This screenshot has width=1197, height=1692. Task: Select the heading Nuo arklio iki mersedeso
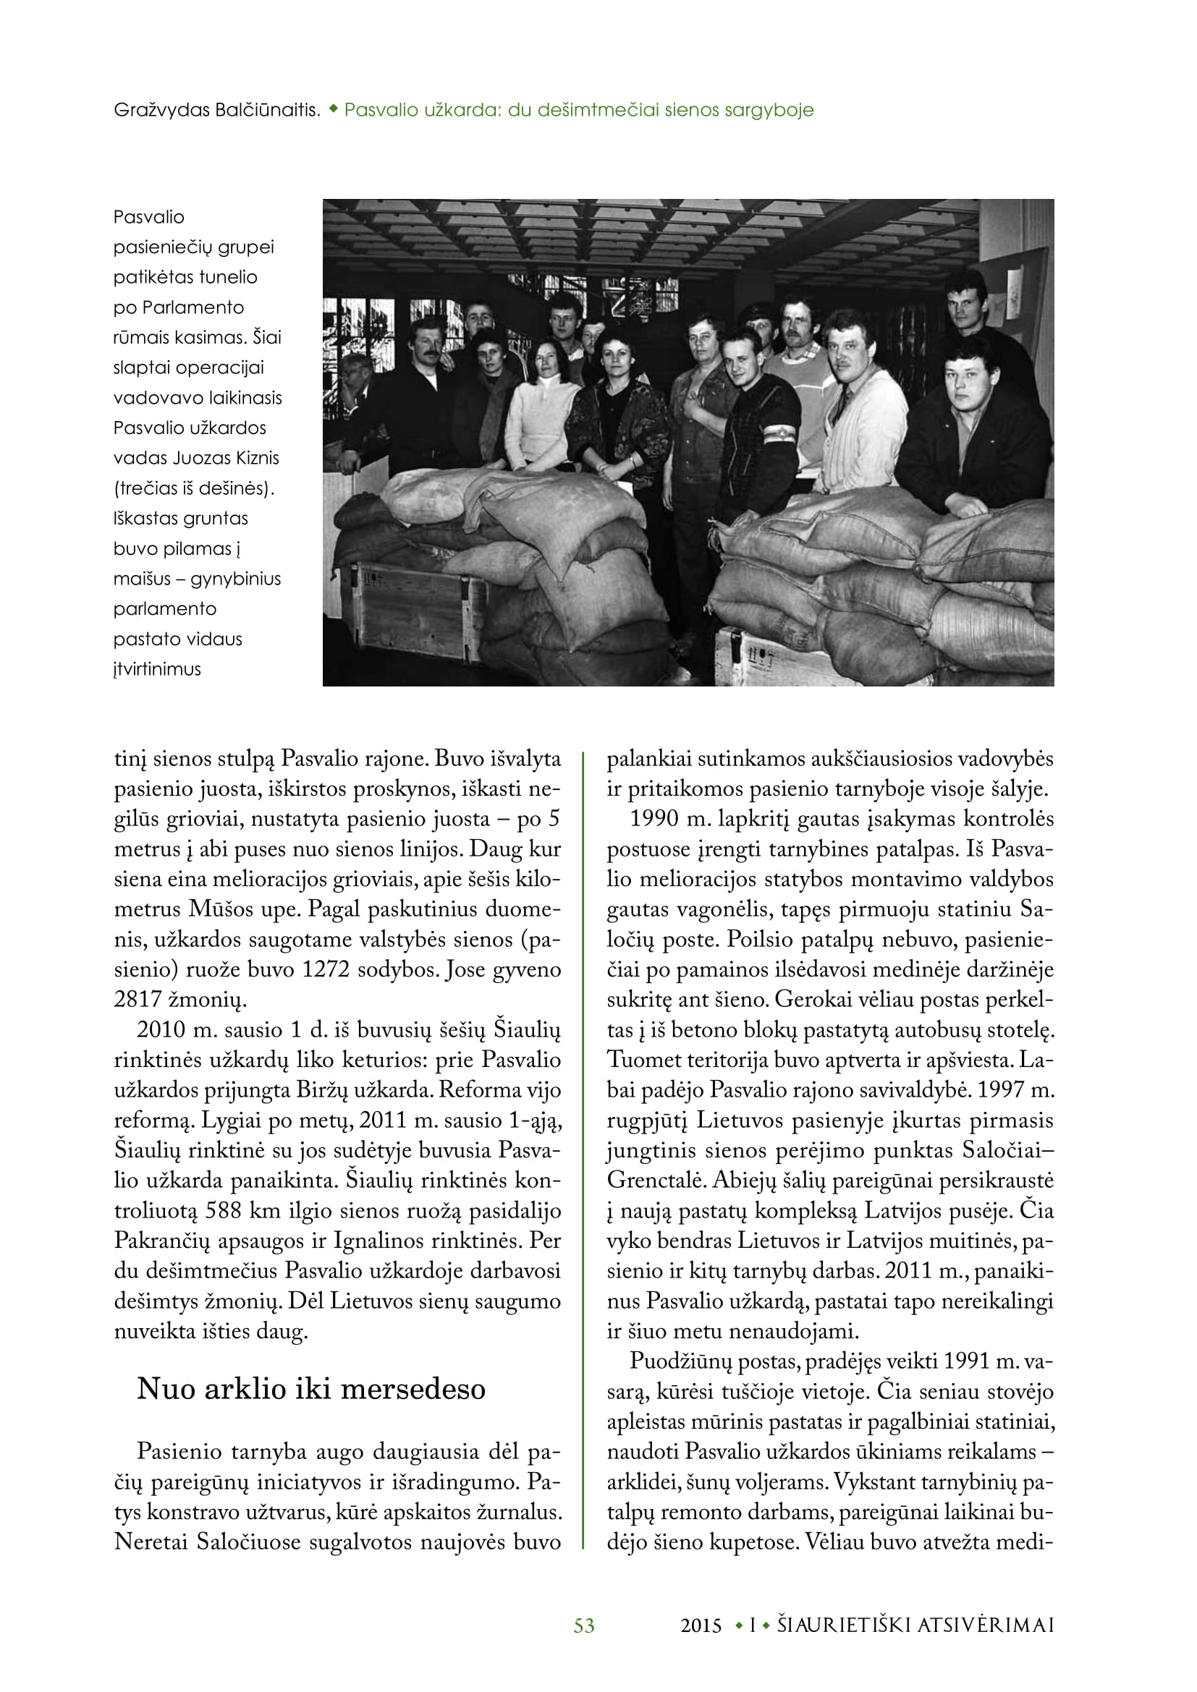(x=311, y=1388)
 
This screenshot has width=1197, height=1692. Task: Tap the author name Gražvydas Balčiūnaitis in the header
(x=216, y=111)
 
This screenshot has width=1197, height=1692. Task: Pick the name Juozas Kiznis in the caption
(x=226, y=458)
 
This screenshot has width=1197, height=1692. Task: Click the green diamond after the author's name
(x=333, y=109)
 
